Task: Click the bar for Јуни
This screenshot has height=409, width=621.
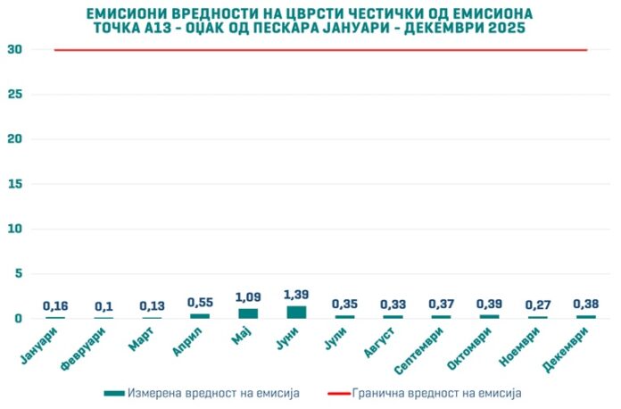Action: [296, 312]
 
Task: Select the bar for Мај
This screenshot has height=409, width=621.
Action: [248, 313]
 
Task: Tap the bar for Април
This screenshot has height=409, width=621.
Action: [200, 315]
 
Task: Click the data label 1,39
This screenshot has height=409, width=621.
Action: [296, 295]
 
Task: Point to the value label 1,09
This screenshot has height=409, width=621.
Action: [248, 297]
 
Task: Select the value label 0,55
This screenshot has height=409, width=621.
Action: [200, 303]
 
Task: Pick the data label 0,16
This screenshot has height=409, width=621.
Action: [55, 306]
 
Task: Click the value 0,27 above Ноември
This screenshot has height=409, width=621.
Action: [537, 305]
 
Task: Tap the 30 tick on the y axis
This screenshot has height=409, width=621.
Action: [14, 50]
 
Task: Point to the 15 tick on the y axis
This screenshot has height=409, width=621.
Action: [14, 184]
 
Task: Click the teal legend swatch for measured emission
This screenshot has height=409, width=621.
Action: [113, 392]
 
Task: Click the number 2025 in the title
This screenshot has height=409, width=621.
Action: [505, 29]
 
